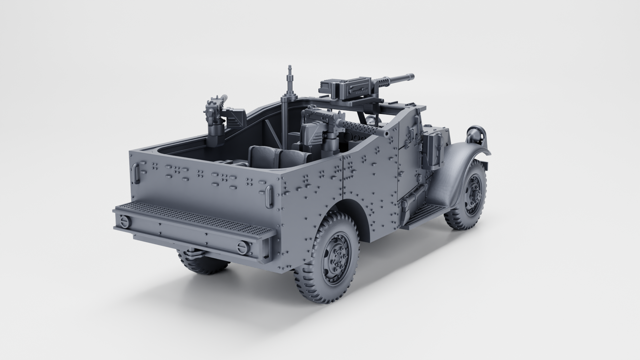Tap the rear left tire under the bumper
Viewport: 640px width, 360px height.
203,263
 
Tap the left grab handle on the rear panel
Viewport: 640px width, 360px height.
136,174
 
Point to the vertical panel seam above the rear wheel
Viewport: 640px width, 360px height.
344,177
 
